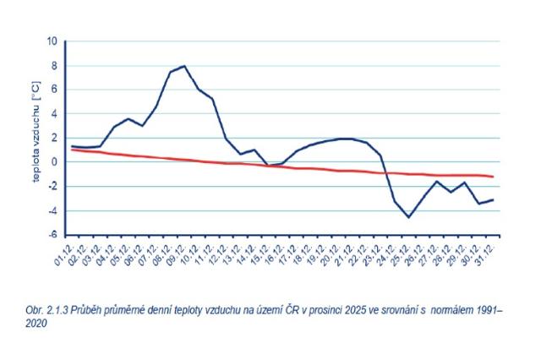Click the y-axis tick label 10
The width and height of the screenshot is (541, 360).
tap(52, 41)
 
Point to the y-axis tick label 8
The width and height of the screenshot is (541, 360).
tap(54, 66)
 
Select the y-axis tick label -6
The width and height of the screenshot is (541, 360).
tap(52, 235)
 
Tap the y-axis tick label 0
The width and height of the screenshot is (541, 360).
tap(54, 162)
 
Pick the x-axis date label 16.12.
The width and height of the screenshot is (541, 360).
tap(273, 251)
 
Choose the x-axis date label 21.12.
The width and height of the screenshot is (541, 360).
tap(343, 251)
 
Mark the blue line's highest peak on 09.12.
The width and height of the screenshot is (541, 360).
tap(183, 66)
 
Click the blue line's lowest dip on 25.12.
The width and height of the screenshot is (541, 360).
tap(409, 217)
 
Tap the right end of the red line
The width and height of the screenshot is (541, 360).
tap(493, 177)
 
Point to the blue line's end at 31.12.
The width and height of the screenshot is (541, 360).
tap(493, 199)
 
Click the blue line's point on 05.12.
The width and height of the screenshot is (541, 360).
tap(128, 119)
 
